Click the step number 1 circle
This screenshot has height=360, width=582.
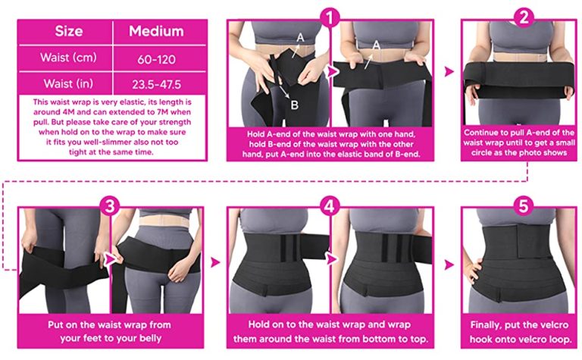pos(330,17)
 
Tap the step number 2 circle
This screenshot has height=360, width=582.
pos(524,17)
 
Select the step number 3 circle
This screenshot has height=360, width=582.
pos(110,205)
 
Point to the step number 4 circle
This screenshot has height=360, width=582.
pos(330,205)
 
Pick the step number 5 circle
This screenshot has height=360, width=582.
pos(524,205)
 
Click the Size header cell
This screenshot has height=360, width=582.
pos(69,31)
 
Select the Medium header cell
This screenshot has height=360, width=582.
pos(156,31)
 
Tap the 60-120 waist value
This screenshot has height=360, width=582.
pos(156,59)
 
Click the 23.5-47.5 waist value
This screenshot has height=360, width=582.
pos(156,85)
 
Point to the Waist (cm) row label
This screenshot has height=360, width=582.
pos(68,58)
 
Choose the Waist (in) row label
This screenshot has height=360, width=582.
pos(68,83)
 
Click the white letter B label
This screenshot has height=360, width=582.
pos(294,105)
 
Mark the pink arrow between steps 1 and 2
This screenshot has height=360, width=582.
pos(449,72)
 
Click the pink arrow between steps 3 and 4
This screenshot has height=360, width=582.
pos(215,262)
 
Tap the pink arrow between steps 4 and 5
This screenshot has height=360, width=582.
pos(449,265)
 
